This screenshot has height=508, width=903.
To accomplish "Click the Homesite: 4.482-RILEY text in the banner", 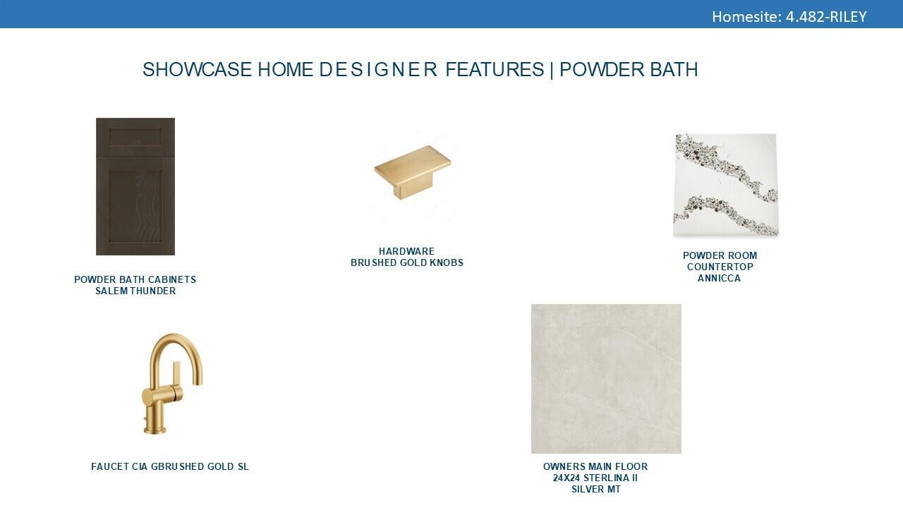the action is coord(789,17).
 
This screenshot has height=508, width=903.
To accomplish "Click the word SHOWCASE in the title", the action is coord(197,69).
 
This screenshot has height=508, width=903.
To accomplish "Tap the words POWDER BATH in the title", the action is coord(629,69).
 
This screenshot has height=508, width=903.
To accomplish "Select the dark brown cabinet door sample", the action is coord(135,186).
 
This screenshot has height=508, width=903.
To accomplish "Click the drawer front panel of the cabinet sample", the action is coord(135,137).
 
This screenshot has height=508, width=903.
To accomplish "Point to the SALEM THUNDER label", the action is coord(135,291).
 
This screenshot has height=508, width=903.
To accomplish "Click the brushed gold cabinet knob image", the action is coord(413,171).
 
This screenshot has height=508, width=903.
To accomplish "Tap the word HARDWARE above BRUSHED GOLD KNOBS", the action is coord(406,251).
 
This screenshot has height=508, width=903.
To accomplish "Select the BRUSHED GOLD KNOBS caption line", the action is coord(407,262).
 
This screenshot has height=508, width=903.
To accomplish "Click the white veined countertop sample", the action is coord(726,185).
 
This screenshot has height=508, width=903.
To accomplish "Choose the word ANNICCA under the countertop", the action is coord(719,278).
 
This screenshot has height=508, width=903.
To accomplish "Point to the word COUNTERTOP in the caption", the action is coord(720,267).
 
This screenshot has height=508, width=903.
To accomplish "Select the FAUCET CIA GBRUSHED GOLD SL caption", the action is coord(170,466).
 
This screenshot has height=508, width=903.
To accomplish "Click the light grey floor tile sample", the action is coord(606,379).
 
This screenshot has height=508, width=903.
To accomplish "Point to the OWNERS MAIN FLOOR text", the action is coord(595,466).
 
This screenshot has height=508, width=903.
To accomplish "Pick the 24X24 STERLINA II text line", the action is coord(595,478).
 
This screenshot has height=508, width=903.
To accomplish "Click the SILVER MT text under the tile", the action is coord(596,489).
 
